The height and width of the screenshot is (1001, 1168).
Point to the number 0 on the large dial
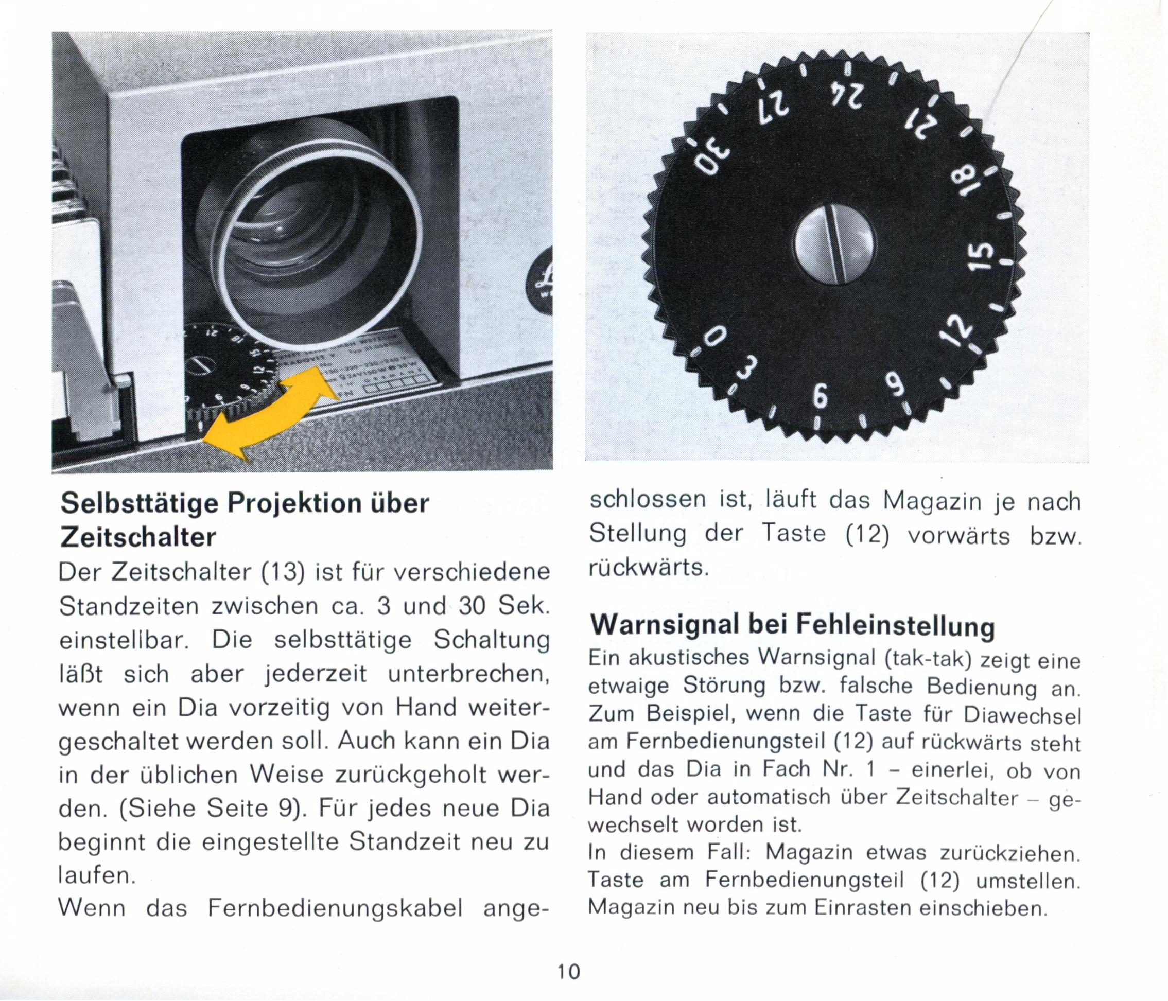pos(714,338)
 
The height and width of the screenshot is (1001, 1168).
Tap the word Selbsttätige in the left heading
pos(139,503)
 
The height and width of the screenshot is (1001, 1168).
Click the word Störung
pos(723,686)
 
